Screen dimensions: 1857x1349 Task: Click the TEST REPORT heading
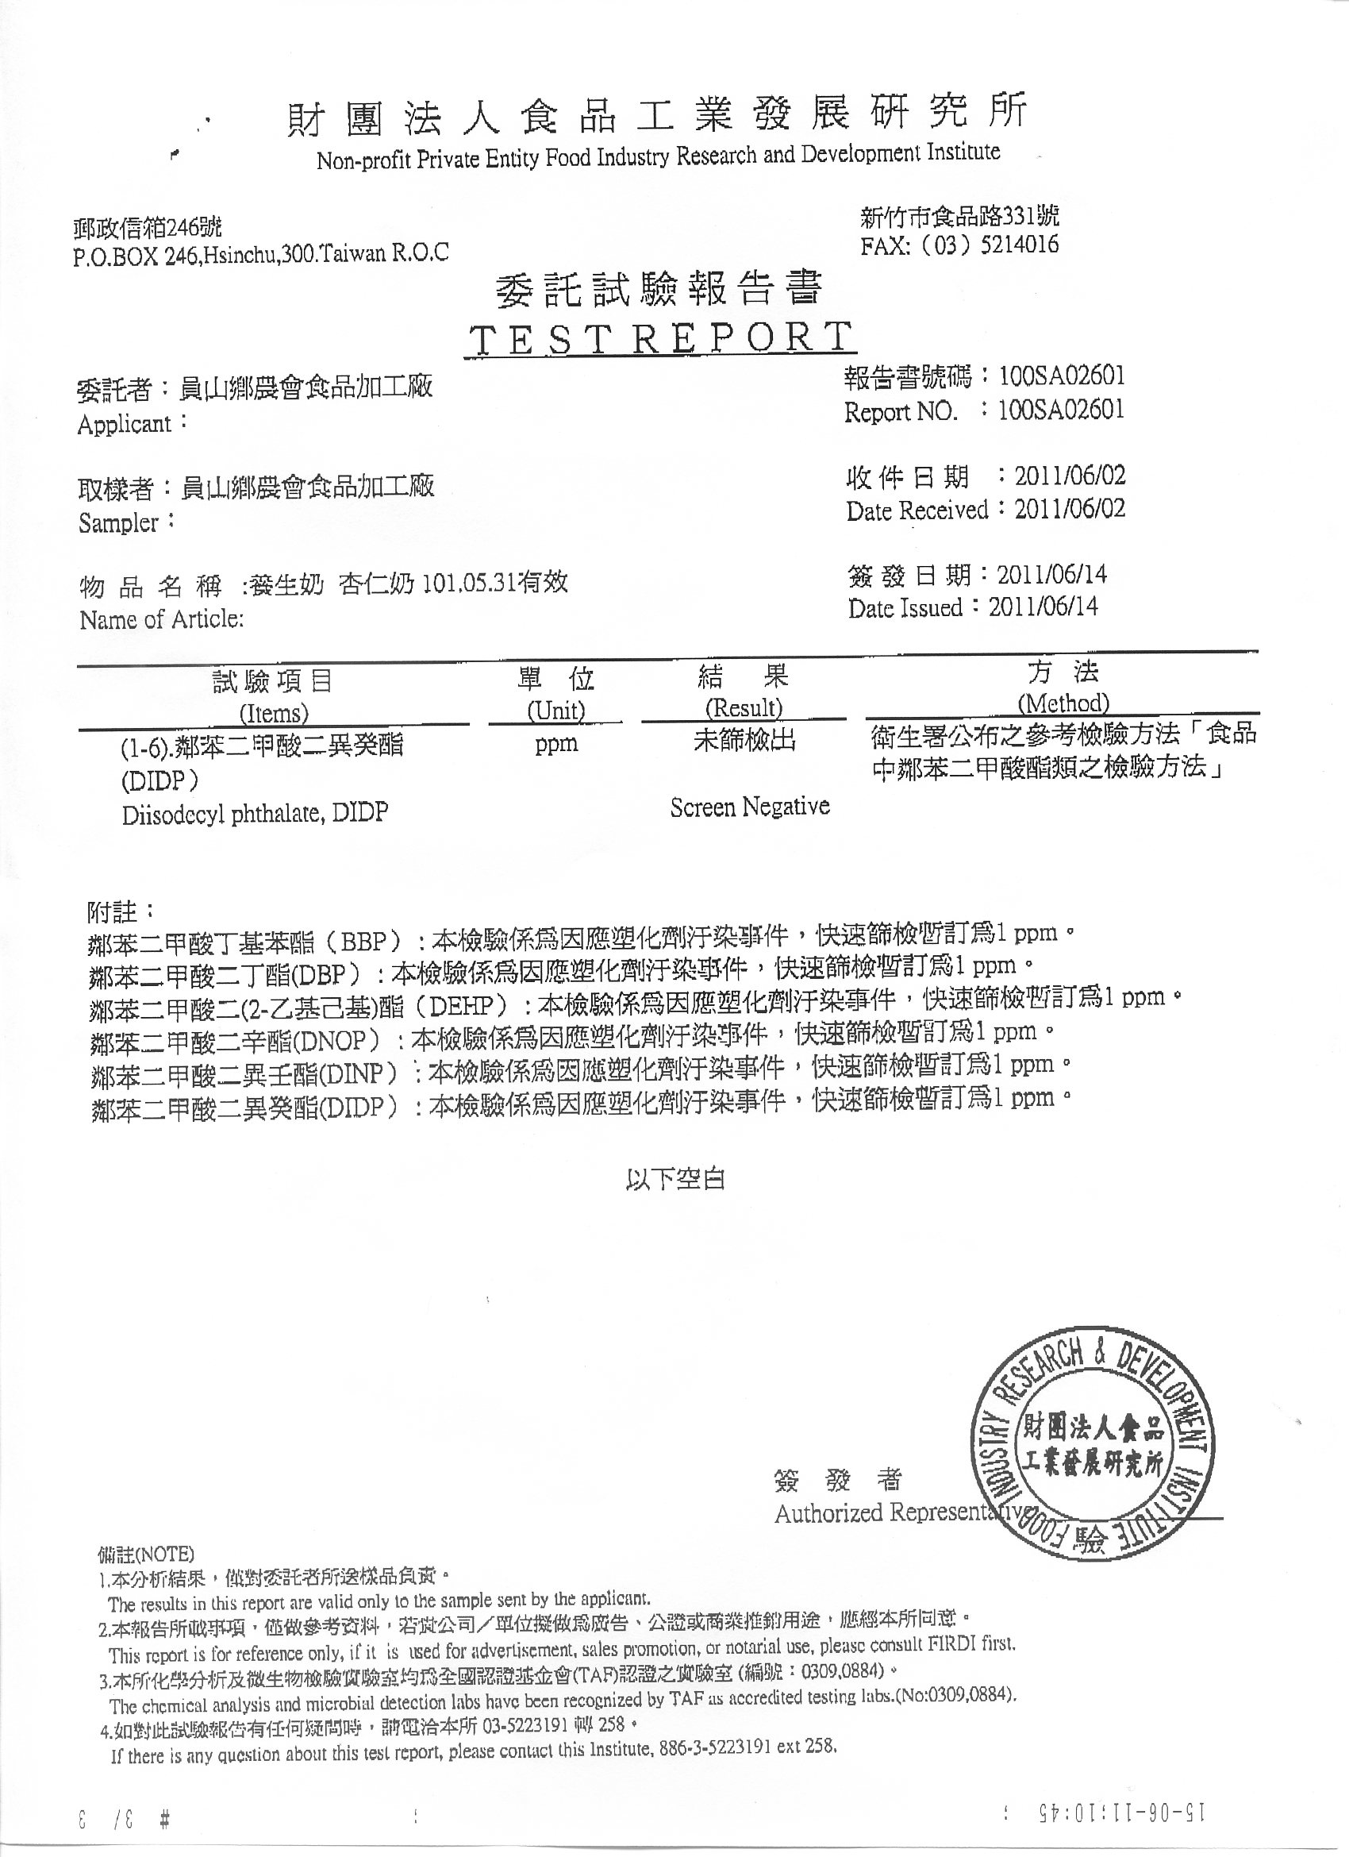tap(659, 338)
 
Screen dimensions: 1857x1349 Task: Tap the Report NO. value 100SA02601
tap(1062, 410)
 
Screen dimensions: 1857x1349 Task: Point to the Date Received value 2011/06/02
tap(1070, 508)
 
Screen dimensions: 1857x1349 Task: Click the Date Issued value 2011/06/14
tap(1043, 607)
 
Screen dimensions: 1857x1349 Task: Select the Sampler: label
tap(127, 522)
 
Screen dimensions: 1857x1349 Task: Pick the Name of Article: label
tap(161, 620)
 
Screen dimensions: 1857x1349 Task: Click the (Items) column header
tap(274, 713)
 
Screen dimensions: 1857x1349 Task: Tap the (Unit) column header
tap(555, 710)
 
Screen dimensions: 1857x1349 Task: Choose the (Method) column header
tap(1063, 703)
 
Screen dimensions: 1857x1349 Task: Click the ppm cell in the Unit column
tap(556, 744)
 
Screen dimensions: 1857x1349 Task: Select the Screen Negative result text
tap(749, 807)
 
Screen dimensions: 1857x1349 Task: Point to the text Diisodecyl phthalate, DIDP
tap(255, 814)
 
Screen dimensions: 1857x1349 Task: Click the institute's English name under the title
tap(658, 156)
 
